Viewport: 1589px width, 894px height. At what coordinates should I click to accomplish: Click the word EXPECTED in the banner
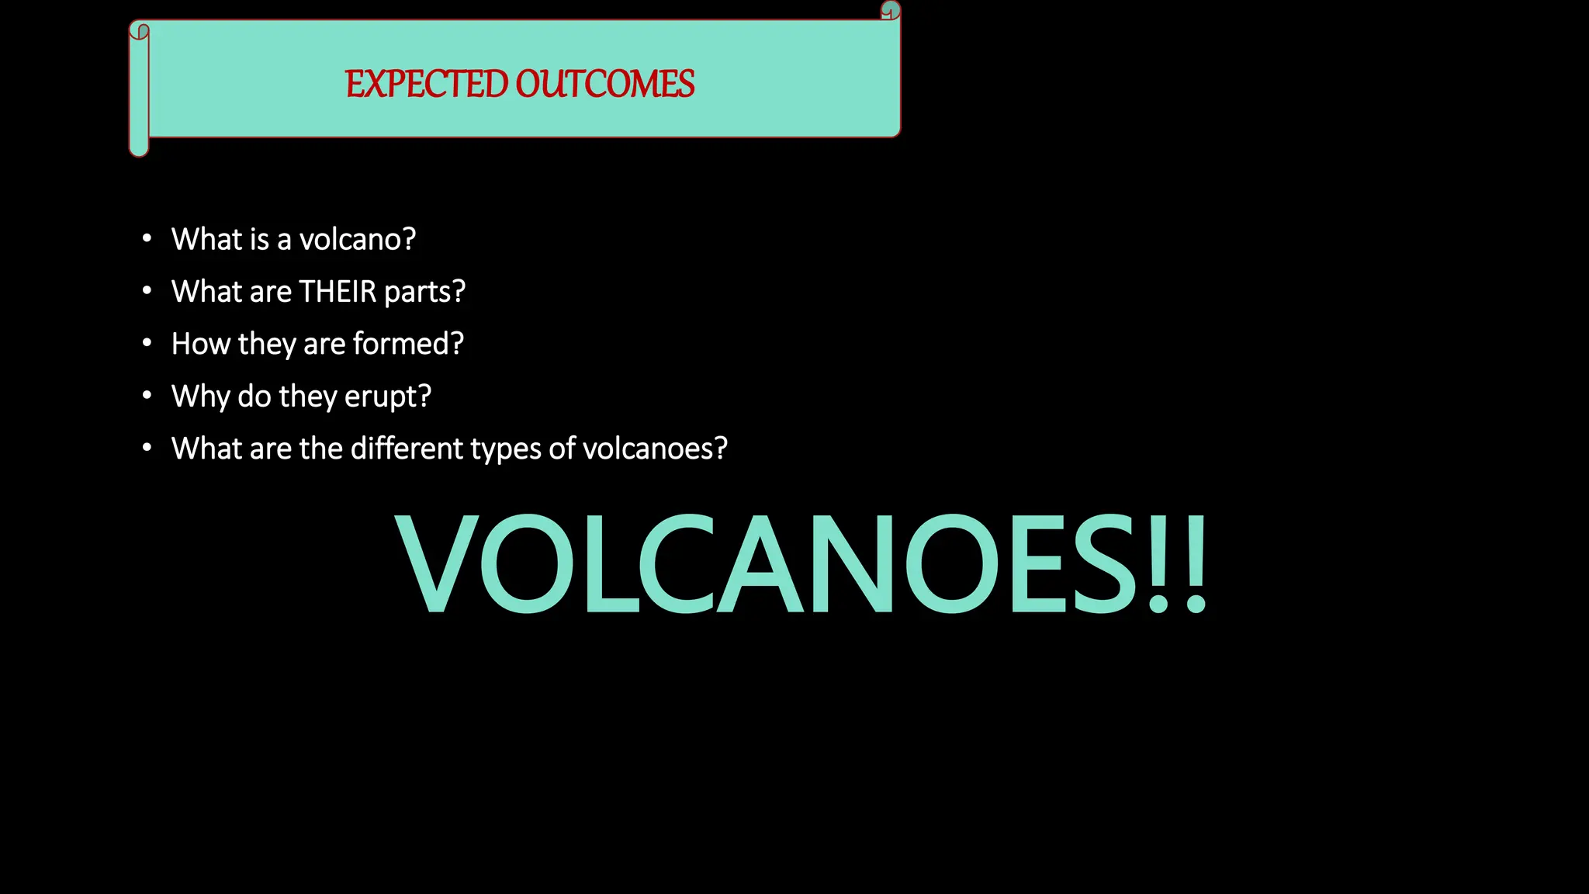click(425, 84)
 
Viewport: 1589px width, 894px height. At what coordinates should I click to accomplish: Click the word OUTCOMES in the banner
click(605, 84)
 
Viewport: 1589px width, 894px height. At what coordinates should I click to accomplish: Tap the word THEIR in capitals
click(338, 292)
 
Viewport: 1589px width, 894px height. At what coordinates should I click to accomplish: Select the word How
click(200, 344)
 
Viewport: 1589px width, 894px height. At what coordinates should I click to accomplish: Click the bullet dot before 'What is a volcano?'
click(147, 239)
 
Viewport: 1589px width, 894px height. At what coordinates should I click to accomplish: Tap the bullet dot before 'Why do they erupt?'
click(147, 396)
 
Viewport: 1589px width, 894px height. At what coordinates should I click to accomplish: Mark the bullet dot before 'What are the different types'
click(147, 448)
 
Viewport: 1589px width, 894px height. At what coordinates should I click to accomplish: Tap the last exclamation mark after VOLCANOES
click(1196, 563)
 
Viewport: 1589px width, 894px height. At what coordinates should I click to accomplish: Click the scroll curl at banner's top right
click(891, 10)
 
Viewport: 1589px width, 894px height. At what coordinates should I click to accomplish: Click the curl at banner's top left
click(140, 31)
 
